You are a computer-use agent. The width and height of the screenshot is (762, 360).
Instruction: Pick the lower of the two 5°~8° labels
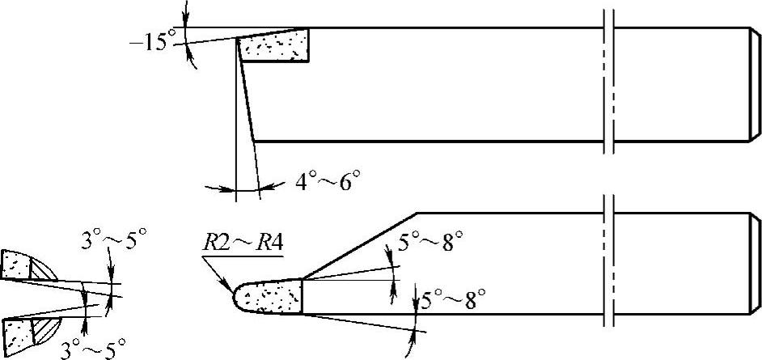[x=455, y=302]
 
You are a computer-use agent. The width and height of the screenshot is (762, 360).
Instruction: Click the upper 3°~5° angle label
[x=114, y=240]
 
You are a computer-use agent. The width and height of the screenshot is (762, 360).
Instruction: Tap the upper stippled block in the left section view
[x=15, y=265]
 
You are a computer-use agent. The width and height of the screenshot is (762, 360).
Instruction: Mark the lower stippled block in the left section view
[x=17, y=331]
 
